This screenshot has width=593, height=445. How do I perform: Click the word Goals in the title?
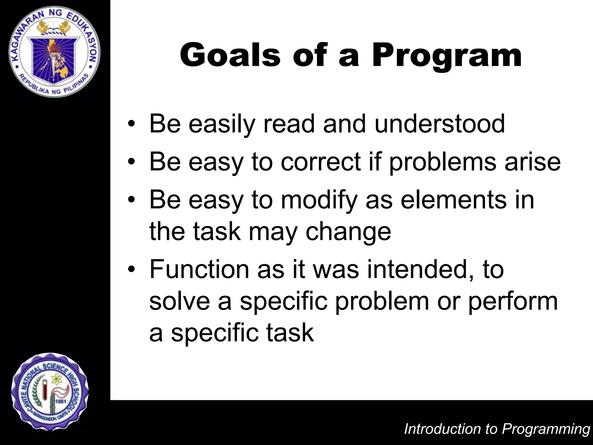(x=230, y=55)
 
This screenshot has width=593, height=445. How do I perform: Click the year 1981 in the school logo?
(x=61, y=402)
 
